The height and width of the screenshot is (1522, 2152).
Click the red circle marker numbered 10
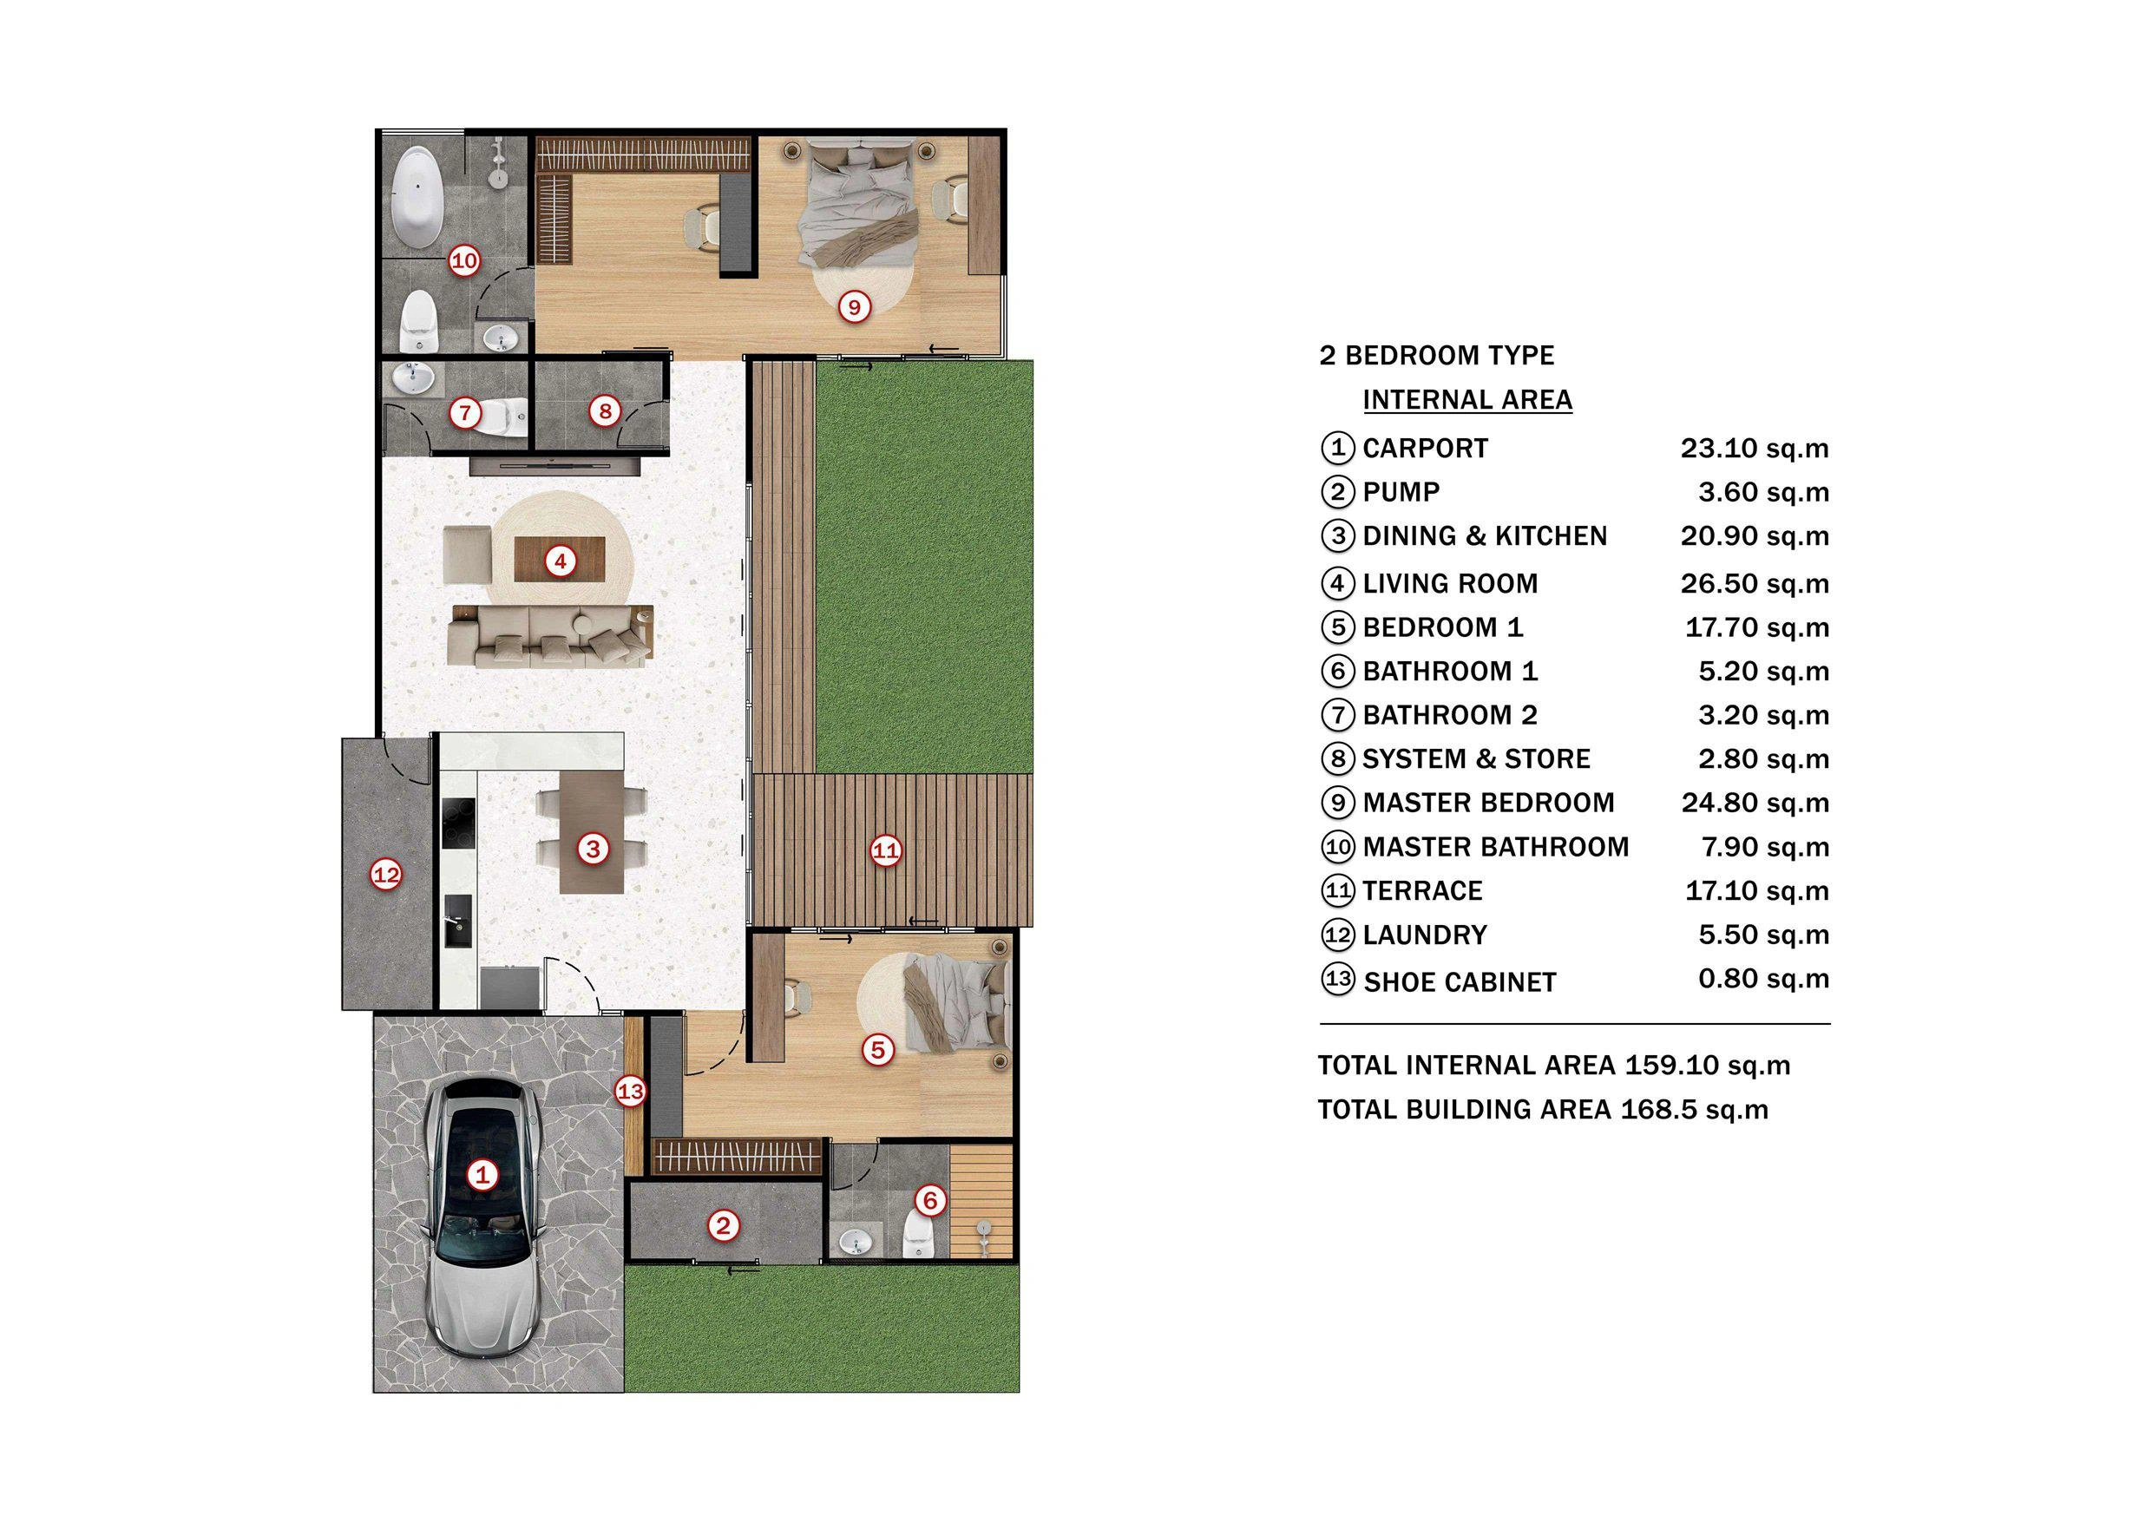(465, 260)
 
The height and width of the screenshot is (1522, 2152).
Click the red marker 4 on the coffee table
(561, 561)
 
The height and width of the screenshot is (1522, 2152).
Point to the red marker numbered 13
(631, 1091)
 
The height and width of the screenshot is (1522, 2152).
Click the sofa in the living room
(551, 636)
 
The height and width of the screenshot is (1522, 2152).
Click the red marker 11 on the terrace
(886, 851)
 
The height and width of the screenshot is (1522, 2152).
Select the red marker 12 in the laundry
(386, 876)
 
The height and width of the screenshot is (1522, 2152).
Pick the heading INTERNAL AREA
(1466, 400)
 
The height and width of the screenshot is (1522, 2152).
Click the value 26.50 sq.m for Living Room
(1755, 584)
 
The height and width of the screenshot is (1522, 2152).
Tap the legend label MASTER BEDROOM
(1488, 804)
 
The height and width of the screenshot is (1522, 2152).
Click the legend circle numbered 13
(1337, 981)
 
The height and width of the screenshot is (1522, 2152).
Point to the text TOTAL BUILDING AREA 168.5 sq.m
(1543, 1110)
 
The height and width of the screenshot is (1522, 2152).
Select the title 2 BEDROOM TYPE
(1436, 356)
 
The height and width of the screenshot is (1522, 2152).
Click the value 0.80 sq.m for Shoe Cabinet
(1764, 980)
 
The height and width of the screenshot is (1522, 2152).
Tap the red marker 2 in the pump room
(723, 1226)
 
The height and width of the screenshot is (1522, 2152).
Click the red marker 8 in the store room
(605, 410)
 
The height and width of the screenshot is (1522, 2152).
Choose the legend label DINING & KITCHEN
(1485, 536)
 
